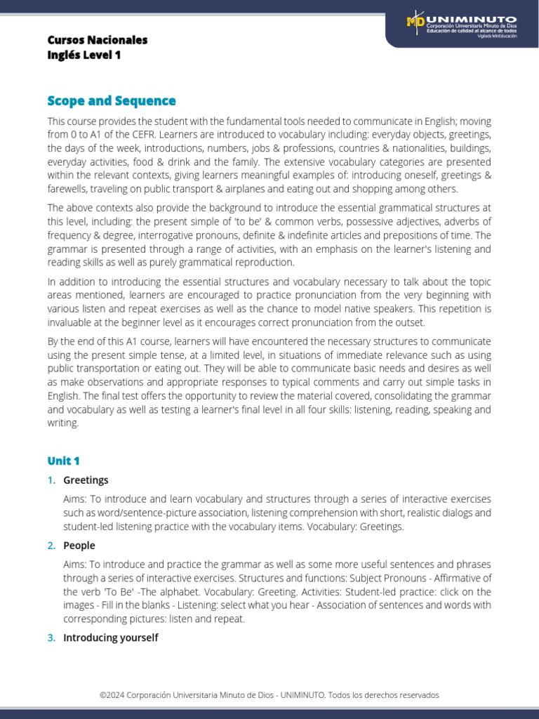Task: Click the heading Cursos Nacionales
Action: (x=98, y=40)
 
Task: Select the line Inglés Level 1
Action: (x=84, y=55)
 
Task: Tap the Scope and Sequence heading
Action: (x=112, y=101)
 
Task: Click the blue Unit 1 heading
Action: (x=64, y=461)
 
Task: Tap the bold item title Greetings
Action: (x=86, y=480)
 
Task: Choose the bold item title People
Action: (x=79, y=546)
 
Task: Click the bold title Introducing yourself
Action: (x=110, y=638)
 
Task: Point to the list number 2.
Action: (x=51, y=546)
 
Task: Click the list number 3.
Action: (x=51, y=638)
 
